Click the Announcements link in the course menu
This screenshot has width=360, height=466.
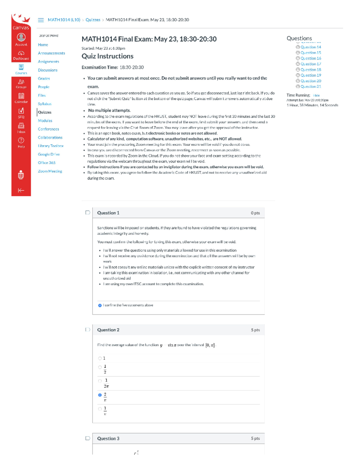point(51,53)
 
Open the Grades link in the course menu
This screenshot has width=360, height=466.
point(44,78)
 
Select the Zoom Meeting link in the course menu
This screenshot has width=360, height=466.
point(50,171)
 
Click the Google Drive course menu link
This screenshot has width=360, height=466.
point(49,154)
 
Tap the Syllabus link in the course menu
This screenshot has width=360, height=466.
point(44,104)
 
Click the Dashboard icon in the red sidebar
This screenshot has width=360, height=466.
point(21,55)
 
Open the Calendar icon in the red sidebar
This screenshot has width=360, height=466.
point(21,98)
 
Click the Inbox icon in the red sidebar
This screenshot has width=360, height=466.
point(21,127)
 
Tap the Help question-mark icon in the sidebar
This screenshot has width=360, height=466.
point(21,142)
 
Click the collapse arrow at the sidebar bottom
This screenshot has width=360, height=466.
point(21,190)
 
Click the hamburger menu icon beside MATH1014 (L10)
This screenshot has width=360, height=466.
point(41,20)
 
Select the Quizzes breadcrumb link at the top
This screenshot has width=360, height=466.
point(93,20)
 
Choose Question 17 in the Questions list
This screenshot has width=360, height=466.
point(311,64)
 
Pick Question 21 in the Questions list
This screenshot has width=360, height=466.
point(311,86)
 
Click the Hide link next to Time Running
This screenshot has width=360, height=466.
point(316,95)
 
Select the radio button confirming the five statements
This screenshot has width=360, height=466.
point(100,305)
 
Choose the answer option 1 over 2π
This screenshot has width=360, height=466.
point(100,381)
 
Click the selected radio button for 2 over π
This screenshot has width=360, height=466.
point(100,395)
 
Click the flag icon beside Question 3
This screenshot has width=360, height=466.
point(88,438)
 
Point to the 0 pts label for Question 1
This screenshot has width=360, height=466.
point(255,213)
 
